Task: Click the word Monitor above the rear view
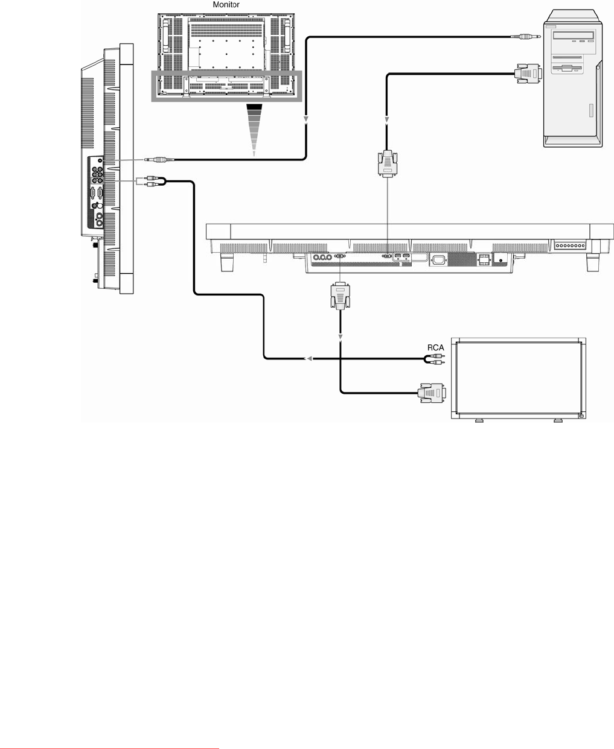pos(226,5)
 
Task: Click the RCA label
pos(435,348)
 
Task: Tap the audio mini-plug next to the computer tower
pos(526,36)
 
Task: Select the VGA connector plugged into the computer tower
pos(528,74)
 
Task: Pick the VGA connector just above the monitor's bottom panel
pos(387,163)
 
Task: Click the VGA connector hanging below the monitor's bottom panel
pos(341,296)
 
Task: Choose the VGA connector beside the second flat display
pos(432,393)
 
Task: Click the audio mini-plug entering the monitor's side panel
pos(159,160)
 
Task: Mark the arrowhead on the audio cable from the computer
pos(305,119)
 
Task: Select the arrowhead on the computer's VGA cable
pos(387,119)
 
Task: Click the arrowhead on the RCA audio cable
pos(309,359)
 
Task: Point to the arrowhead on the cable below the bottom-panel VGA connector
pos(341,338)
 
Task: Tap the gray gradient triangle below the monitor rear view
pos(254,130)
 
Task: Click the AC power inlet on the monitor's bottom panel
pos(438,261)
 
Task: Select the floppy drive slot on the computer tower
pos(568,68)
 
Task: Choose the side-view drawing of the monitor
pos(107,169)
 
